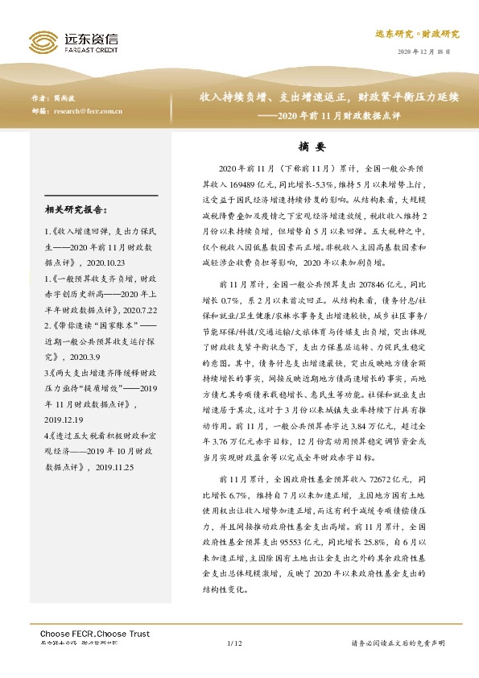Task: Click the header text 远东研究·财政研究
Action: [x=417, y=35]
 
